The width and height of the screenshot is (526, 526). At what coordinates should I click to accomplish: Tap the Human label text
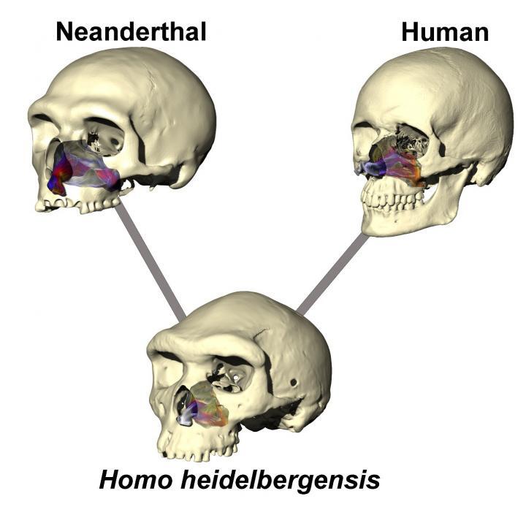tap(445, 31)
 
